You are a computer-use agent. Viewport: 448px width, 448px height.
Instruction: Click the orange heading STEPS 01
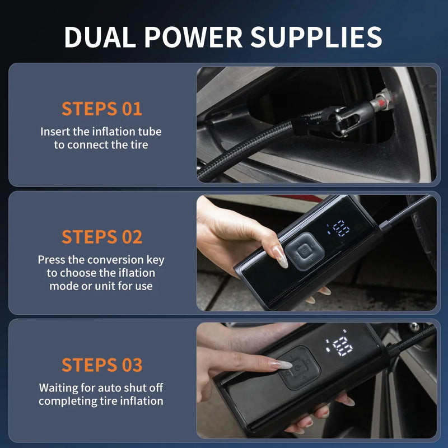coord(101,109)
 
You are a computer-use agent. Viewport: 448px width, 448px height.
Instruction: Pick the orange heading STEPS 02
coord(101,236)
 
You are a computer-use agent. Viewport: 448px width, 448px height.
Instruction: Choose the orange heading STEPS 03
coord(101,365)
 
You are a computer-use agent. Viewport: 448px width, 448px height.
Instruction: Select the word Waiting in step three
coord(58,388)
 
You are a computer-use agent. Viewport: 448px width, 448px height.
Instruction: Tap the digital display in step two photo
coord(339,228)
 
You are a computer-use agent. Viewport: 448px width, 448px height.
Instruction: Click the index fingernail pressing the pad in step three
coord(281,365)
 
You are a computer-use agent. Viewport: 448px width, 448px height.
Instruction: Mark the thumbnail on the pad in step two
coord(279,256)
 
